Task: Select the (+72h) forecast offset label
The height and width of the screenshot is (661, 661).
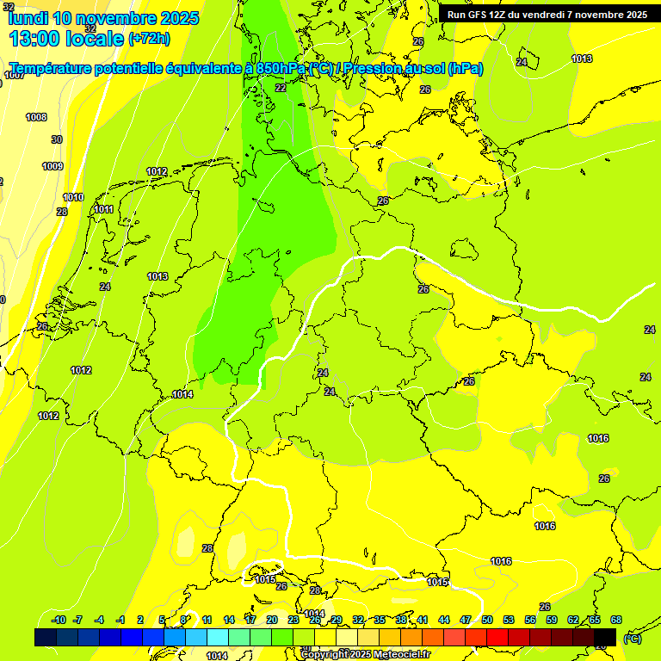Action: coord(149,39)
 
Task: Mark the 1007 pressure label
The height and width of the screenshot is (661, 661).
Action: coord(14,75)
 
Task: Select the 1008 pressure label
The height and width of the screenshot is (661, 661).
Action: coord(36,117)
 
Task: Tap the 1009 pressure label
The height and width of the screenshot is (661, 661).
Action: coord(53,166)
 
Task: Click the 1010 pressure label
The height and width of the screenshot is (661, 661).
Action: coord(73,197)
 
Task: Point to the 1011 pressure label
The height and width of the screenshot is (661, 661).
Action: coord(104,209)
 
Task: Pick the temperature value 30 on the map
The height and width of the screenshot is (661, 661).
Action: coord(57,139)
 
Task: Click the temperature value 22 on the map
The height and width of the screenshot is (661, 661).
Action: coord(281,88)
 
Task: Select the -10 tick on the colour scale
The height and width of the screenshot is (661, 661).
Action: coord(59,620)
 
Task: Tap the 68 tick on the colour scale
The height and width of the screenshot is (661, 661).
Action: coord(616,620)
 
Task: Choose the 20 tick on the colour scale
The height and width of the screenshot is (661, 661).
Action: coord(272,620)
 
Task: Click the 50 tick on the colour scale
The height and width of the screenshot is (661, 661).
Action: coord(487,620)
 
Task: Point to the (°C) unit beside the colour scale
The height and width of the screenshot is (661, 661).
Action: coord(632,639)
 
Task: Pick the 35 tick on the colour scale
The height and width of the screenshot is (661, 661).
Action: coord(380,620)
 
